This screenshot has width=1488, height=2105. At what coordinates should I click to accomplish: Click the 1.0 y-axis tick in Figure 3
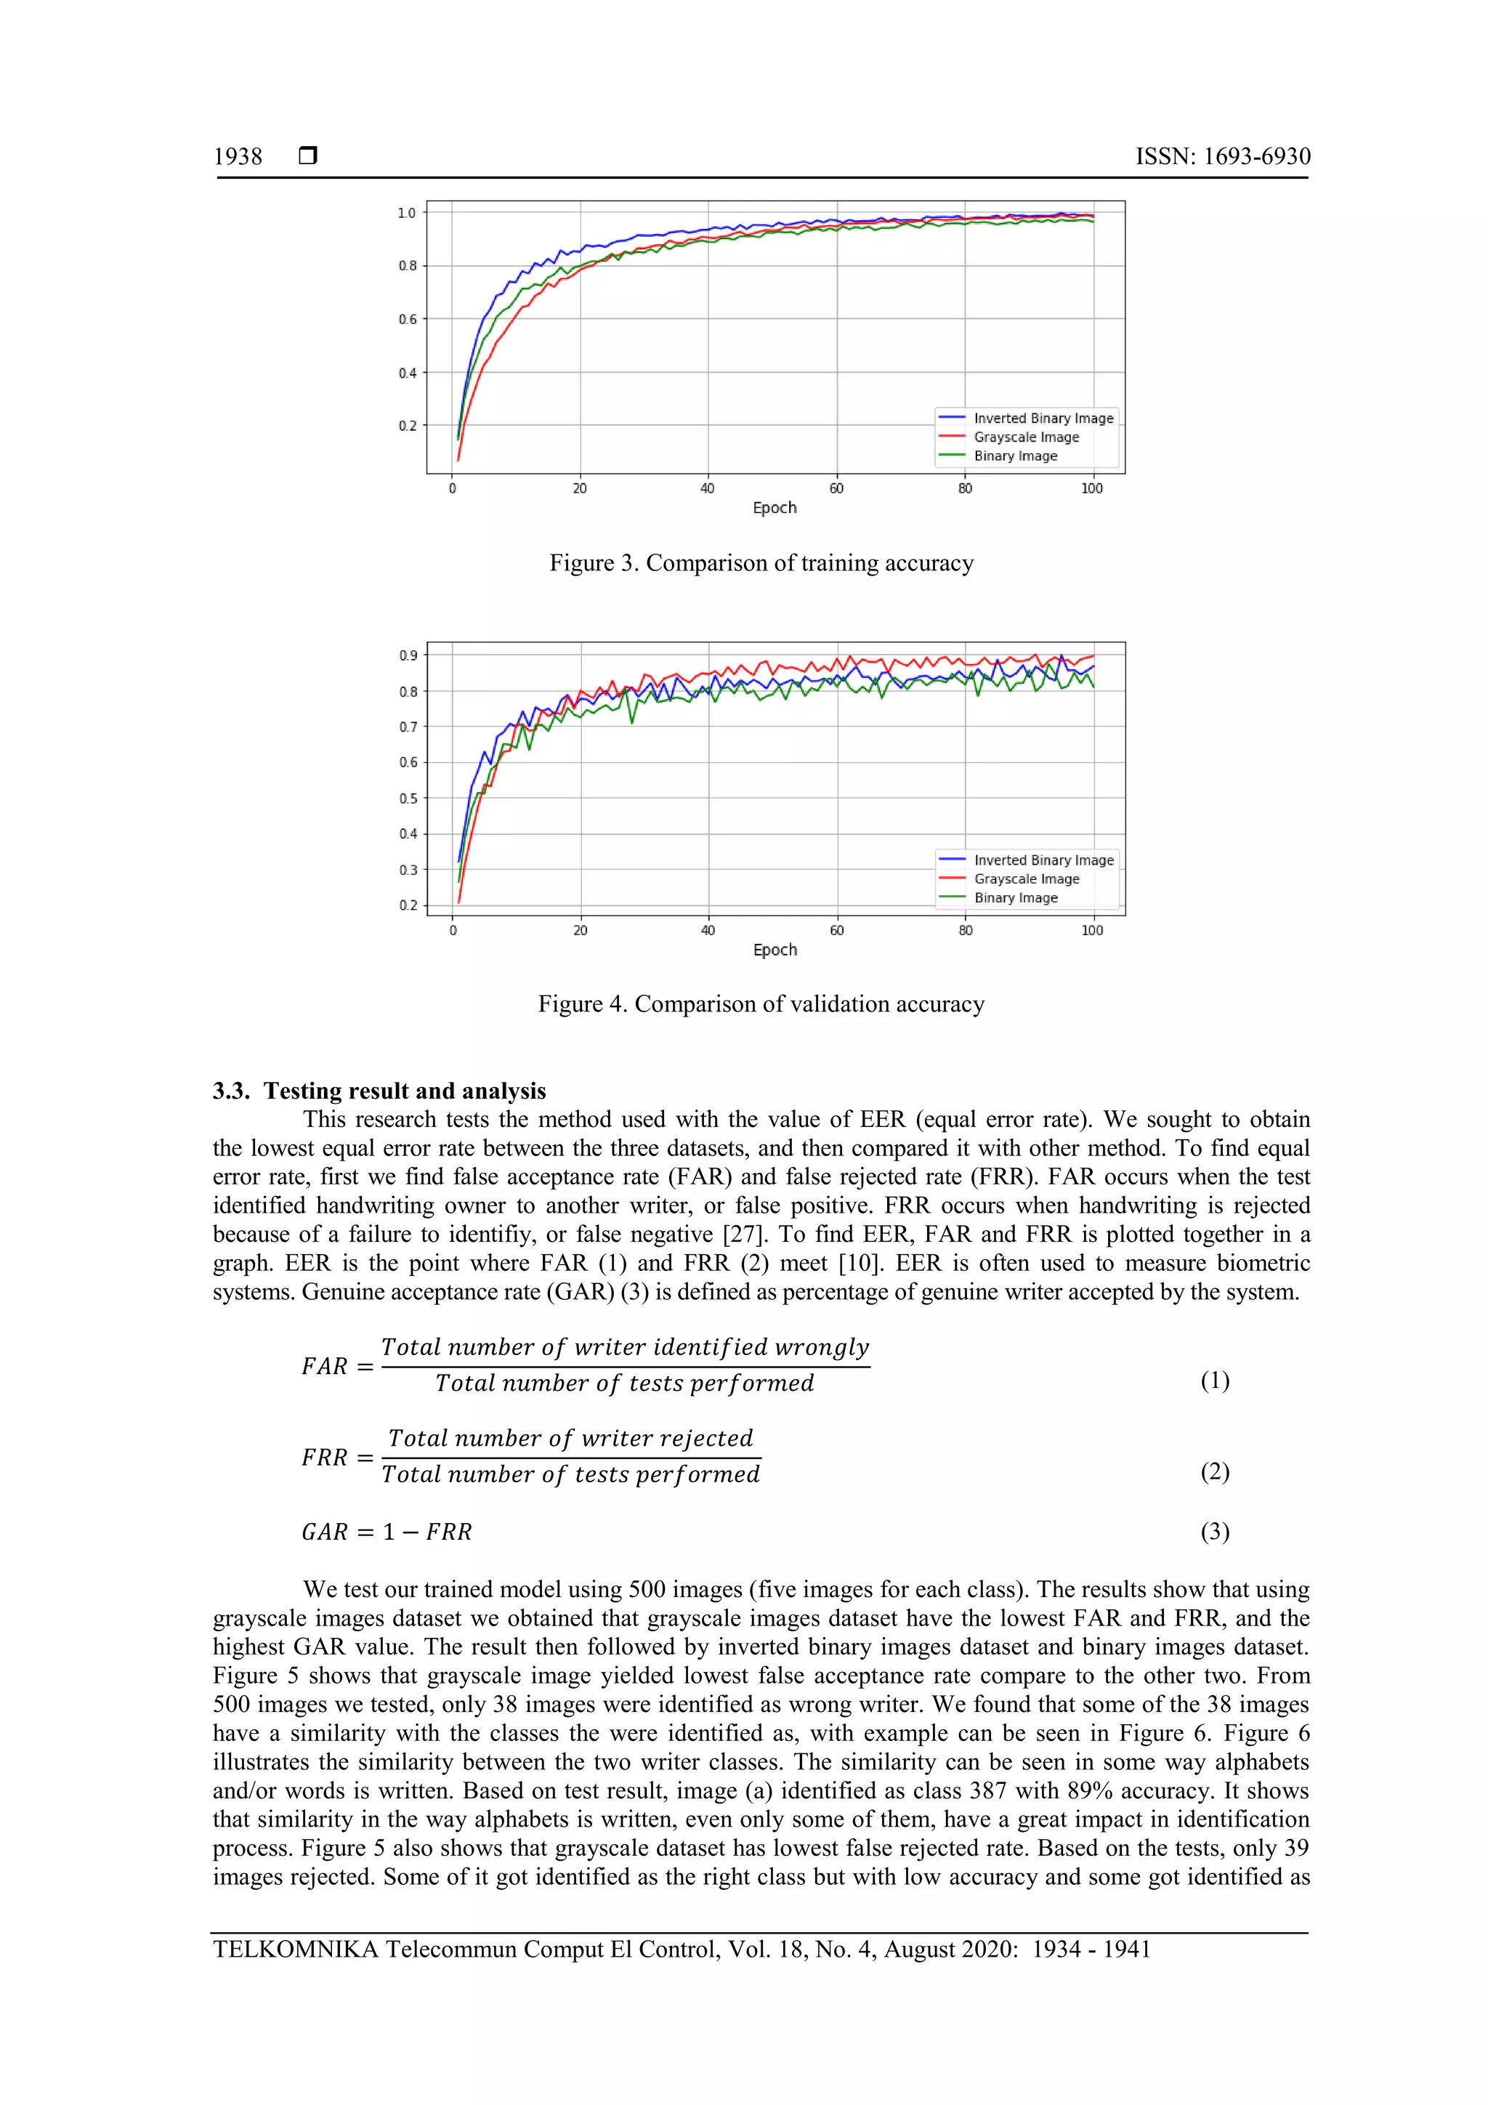click(x=406, y=213)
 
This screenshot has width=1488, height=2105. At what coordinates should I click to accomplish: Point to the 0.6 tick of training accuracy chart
click(x=406, y=319)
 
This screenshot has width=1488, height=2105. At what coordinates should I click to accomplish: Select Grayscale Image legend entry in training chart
click(x=1025, y=437)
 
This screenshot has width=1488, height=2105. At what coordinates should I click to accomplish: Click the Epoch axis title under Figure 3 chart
click(x=774, y=508)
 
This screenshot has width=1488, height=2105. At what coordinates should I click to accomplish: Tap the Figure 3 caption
click(x=761, y=563)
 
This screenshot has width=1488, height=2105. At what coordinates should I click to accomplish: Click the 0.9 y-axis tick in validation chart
click(x=407, y=655)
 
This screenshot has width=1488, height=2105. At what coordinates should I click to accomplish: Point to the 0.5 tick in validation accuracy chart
click(x=407, y=799)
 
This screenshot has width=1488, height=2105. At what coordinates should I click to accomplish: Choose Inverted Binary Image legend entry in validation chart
click(x=1043, y=860)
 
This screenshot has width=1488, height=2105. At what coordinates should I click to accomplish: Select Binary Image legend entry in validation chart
click(x=1015, y=897)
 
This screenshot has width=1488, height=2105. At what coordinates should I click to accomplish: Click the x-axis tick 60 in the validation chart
click(x=836, y=931)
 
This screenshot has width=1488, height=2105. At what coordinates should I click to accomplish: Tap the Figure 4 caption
click(x=761, y=1004)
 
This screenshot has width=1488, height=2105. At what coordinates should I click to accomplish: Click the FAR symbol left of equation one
click(x=325, y=1367)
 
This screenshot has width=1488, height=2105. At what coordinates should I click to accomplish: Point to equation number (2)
click(x=1214, y=1471)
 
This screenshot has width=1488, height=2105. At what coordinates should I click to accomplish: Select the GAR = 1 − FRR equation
click(x=386, y=1532)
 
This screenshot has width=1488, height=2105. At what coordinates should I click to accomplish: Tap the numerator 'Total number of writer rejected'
click(x=570, y=1439)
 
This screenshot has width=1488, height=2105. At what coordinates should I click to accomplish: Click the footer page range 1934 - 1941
click(x=1091, y=1950)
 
